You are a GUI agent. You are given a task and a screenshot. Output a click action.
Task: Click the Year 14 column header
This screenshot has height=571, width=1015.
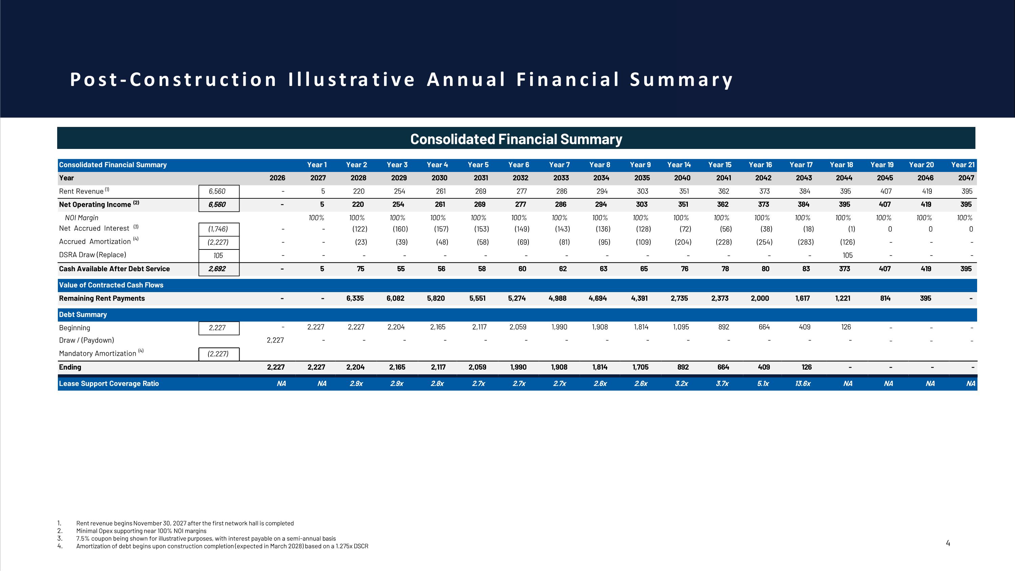(679, 165)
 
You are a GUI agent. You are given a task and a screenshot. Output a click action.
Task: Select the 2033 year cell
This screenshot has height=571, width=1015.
(561, 178)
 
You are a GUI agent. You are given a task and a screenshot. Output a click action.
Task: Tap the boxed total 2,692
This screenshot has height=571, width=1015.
(217, 269)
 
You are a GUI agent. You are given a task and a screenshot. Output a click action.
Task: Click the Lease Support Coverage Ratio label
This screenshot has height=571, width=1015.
(109, 383)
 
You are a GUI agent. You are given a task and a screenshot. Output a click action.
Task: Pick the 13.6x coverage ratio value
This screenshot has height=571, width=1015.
(803, 383)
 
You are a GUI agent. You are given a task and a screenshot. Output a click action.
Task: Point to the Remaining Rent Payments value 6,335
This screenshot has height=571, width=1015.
(355, 298)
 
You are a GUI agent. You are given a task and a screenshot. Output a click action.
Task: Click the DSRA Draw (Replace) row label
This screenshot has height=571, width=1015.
(93, 255)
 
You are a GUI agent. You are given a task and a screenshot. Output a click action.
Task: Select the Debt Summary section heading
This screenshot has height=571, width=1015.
(83, 314)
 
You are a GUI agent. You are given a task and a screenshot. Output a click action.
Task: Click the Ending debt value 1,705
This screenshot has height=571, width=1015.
(641, 367)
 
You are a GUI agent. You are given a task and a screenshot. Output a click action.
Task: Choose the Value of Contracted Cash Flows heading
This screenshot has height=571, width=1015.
(111, 285)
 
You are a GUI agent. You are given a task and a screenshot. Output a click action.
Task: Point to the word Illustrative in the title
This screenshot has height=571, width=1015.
(352, 79)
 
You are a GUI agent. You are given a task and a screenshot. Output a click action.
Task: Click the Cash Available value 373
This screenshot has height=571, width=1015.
(844, 269)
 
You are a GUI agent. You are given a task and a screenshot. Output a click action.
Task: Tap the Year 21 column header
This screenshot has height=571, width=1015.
(963, 165)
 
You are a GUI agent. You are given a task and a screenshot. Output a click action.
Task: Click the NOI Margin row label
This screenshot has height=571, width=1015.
(82, 218)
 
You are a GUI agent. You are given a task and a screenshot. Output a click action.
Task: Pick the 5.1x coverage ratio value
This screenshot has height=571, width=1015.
(763, 383)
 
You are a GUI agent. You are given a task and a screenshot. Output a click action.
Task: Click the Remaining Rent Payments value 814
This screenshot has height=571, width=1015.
(885, 298)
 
